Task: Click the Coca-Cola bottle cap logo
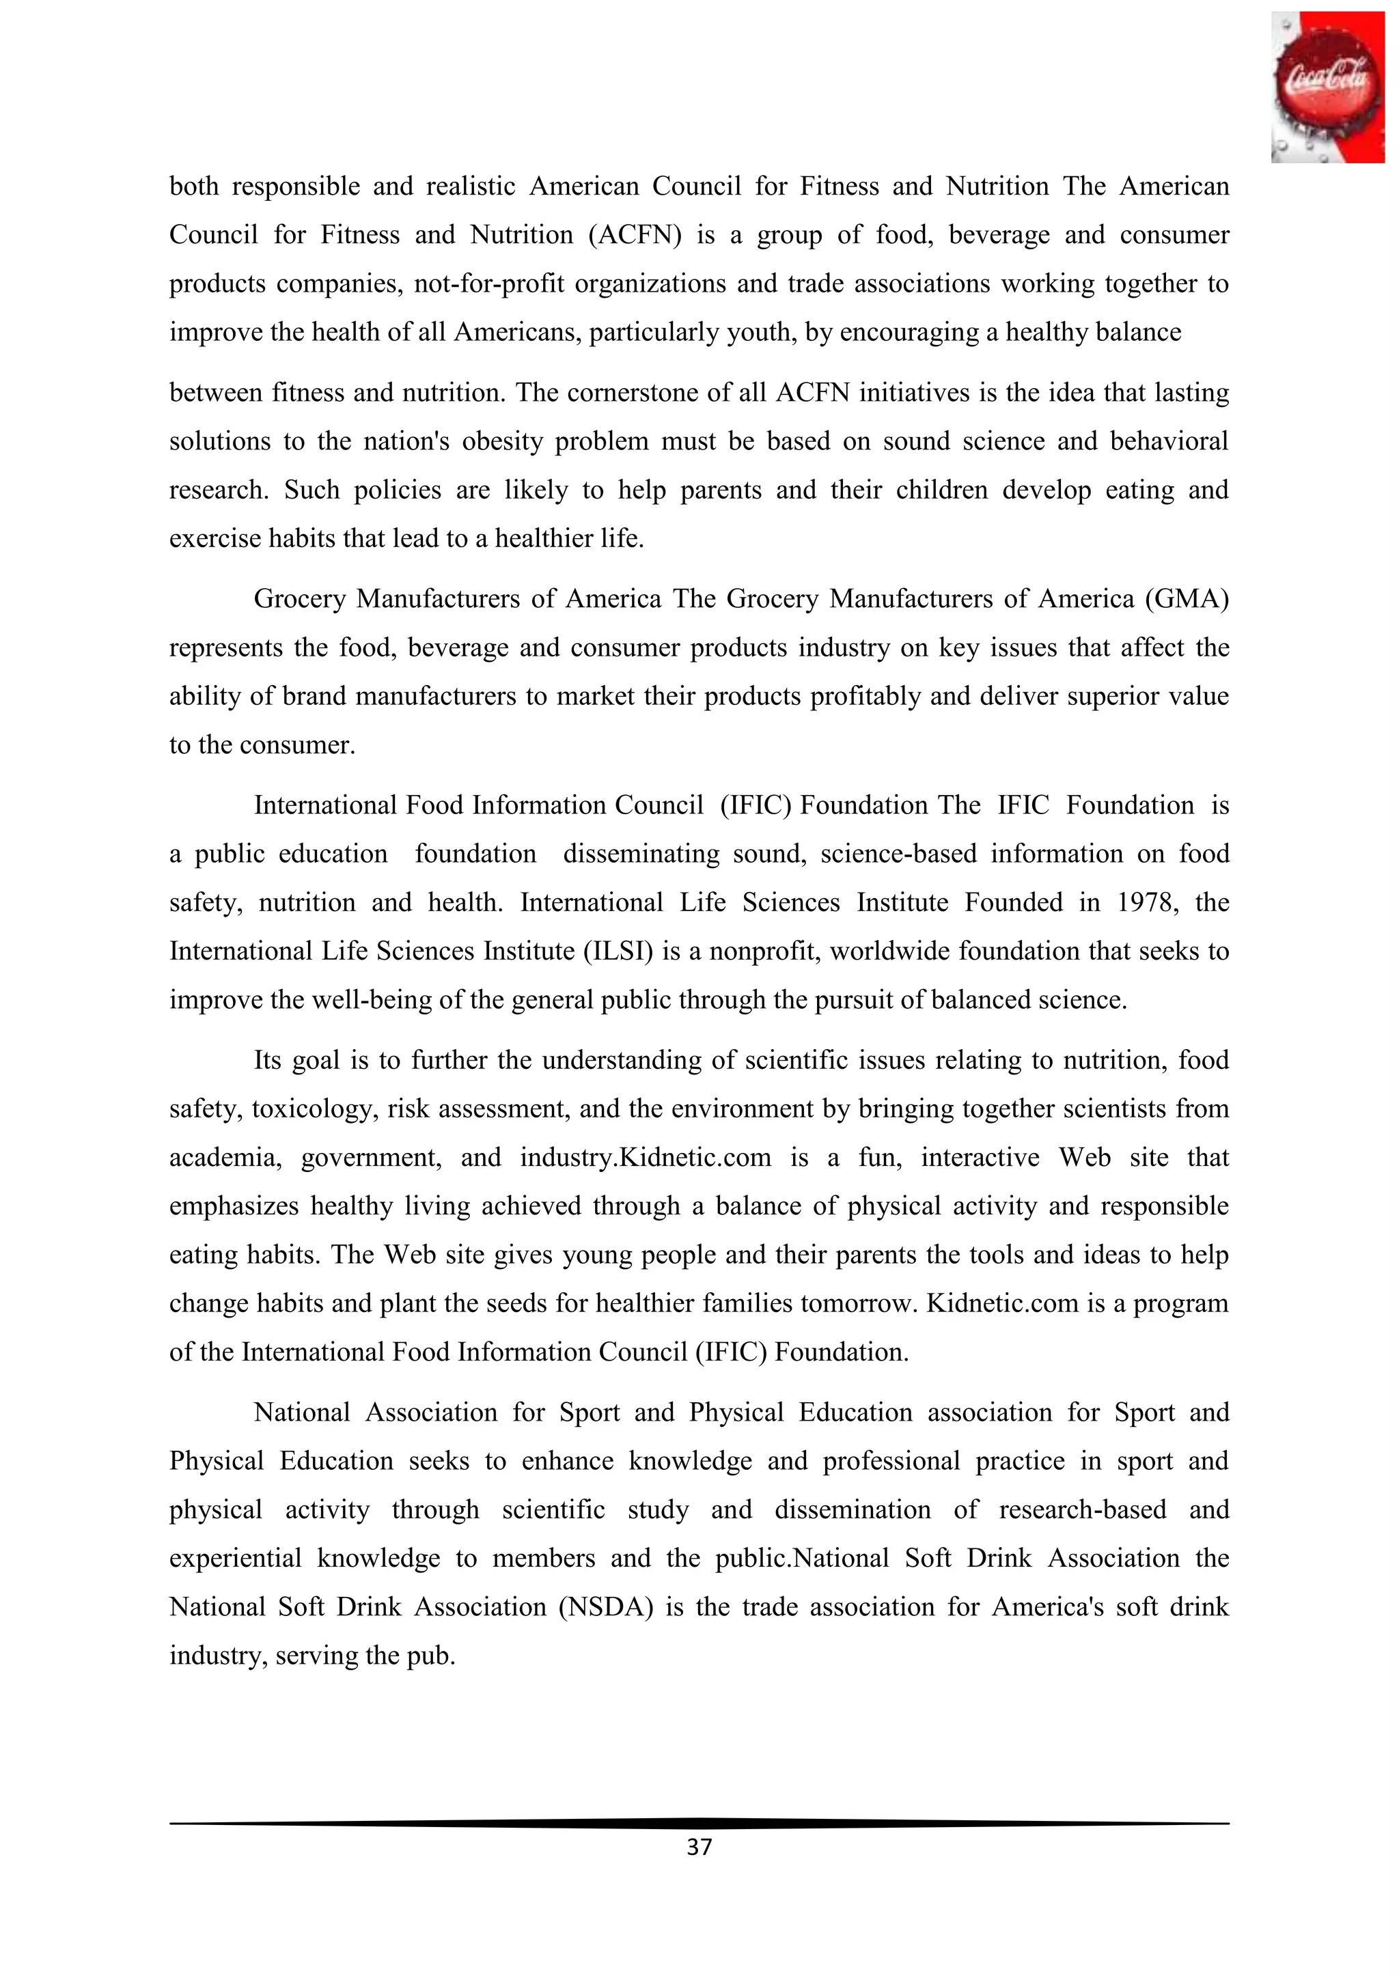[1327, 87]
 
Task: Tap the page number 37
[699, 1846]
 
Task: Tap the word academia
[225, 1157]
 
